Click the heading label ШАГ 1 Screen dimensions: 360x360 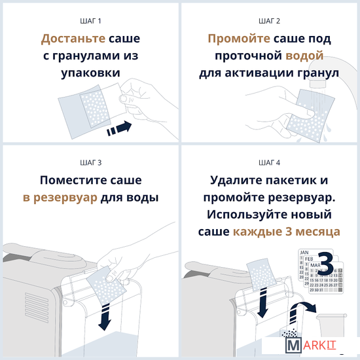(x=90, y=21)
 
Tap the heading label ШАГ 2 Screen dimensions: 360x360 (x=269, y=21)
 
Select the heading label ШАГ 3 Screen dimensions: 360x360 (x=91, y=163)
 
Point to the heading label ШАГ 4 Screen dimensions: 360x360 (x=269, y=163)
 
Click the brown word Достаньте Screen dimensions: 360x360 (x=73, y=39)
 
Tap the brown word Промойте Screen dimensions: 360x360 (x=239, y=39)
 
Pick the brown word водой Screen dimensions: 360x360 (x=304, y=56)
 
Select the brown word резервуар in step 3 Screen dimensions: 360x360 (x=65, y=198)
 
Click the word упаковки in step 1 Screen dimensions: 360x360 (x=91, y=73)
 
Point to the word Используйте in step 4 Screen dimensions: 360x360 (x=247, y=215)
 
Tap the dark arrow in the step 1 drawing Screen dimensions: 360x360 (x=119, y=128)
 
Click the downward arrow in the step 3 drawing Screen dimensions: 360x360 (x=105, y=317)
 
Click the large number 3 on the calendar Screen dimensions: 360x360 (x=326, y=263)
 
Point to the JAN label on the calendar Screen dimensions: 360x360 (x=304, y=252)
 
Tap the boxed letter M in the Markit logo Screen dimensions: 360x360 (x=293, y=345)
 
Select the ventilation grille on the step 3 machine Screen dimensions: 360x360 (x=37, y=308)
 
